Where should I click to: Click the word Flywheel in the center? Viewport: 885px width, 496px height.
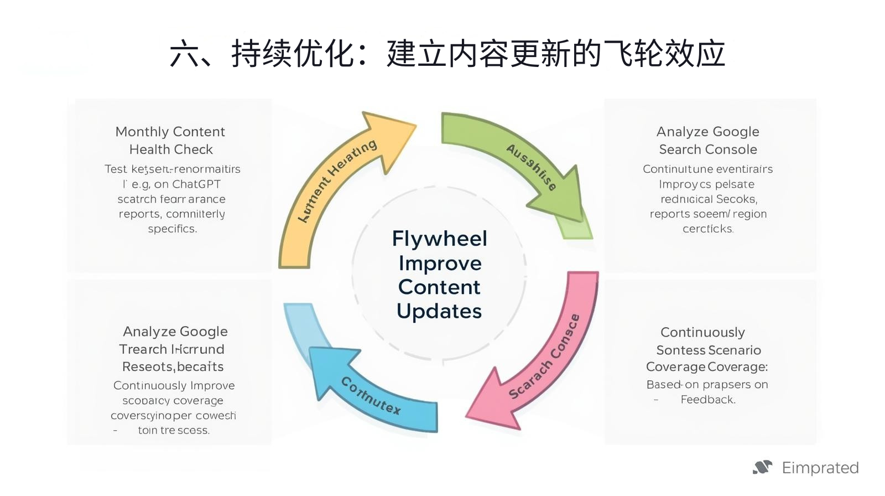[x=439, y=239]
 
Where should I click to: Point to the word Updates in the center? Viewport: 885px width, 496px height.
[x=439, y=311]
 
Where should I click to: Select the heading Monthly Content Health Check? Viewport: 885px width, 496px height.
[x=170, y=141]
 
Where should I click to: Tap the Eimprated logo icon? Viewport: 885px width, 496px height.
[x=762, y=468]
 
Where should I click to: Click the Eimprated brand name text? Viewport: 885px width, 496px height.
[x=820, y=468]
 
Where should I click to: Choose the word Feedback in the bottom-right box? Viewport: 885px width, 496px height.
[x=708, y=400]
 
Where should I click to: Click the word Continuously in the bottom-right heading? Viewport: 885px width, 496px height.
[x=702, y=332]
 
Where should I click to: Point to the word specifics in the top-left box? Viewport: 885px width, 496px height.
[x=172, y=229]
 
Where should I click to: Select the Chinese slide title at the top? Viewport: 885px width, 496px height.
[x=447, y=54]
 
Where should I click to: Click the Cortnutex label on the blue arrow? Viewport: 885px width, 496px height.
[x=370, y=396]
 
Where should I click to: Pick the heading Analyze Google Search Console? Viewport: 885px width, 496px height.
[x=708, y=141]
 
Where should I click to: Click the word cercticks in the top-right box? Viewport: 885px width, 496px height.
[x=708, y=229]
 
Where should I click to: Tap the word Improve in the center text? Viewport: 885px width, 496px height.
[x=440, y=263]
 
